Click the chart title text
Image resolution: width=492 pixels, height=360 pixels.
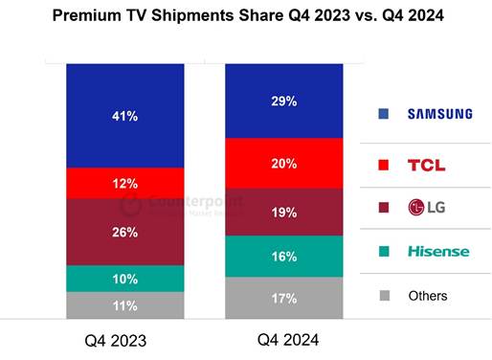pos(245,16)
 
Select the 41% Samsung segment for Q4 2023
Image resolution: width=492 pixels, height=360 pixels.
pos(125,116)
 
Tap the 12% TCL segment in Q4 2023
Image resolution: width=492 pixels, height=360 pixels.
pos(125,183)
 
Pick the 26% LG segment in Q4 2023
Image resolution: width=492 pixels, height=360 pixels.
pos(125,232)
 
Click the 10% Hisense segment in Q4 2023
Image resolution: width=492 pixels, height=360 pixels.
pos(125,278)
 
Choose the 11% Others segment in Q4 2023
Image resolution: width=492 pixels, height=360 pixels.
pos(125,305)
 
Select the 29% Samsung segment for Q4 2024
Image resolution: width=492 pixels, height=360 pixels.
pos(283,101)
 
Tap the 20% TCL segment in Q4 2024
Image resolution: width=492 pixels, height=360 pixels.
pos(283,163)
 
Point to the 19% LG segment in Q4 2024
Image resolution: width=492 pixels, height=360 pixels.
pos(283,212)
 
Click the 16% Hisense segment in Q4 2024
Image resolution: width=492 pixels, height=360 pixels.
pos(283,257)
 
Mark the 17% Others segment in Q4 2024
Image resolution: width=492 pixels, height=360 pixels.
pos(283,298)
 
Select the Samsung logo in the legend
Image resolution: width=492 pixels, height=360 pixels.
pos(439,114)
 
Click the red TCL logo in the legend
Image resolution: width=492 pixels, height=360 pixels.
pos(426,165)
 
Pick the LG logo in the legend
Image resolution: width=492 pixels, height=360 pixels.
pos(426,207)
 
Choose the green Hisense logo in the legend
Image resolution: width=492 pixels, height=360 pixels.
pos(438,251)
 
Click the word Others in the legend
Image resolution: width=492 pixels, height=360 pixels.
pos(427,296)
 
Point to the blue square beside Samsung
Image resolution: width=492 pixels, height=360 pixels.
pos(383,114)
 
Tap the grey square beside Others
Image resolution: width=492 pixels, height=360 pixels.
pos(383,296)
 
